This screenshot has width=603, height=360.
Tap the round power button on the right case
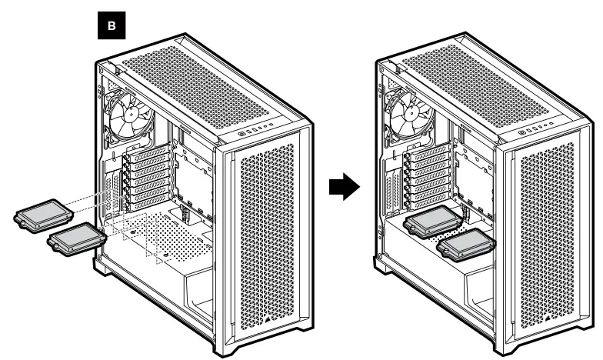pyautogui.click(x=523, y=132)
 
